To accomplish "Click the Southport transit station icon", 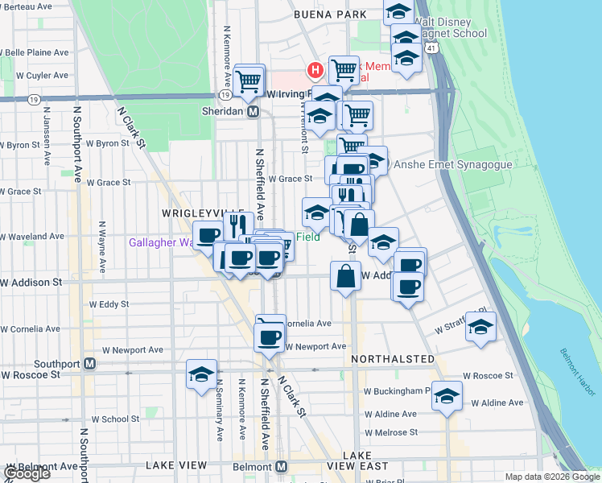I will (90, 364).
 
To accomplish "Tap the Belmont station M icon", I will (281, 467).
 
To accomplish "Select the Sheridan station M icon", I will (253, 112).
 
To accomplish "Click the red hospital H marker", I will (315, 71).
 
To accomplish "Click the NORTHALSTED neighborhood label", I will (393, 359).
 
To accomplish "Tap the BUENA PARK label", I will (324, 14).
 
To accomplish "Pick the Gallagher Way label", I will (162, 242).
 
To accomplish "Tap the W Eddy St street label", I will (109, 304).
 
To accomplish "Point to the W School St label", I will (114, 419).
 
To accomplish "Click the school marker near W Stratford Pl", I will (480, 328).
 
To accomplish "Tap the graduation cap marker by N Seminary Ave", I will (201, 374).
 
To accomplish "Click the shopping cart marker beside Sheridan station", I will (249, 79).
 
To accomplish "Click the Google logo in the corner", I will (26, 473).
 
